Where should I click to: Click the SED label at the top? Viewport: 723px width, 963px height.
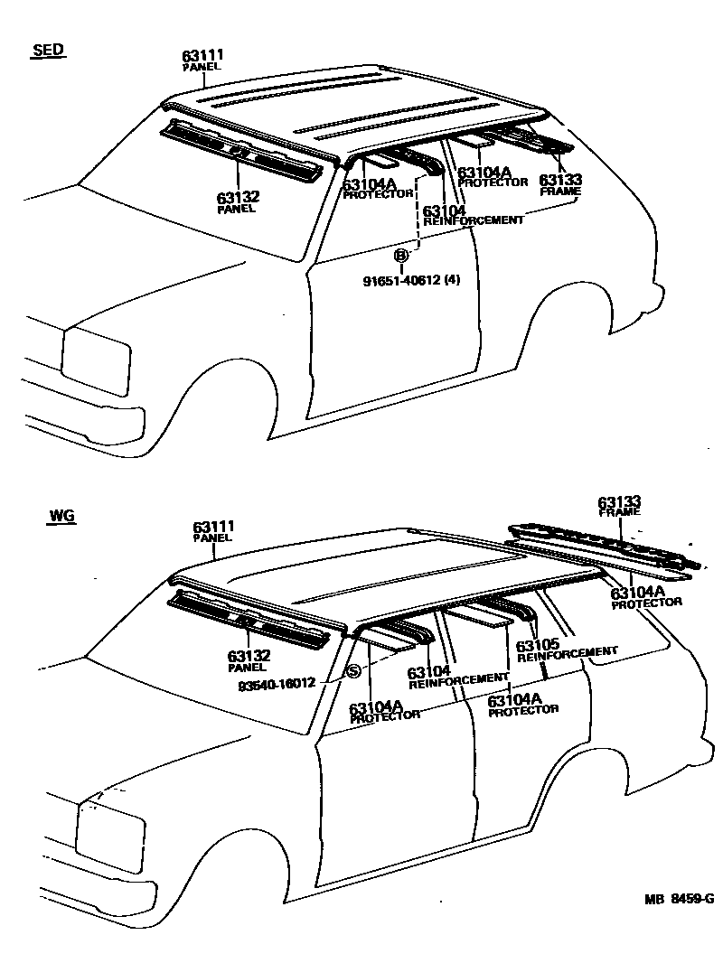coord(48,51)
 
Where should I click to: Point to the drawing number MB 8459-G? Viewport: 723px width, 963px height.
coord(678,899)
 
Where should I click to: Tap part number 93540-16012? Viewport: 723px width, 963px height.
coord(277,684)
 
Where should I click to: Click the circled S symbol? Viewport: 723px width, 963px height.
coord(353,670)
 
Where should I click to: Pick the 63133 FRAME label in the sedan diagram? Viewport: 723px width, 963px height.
coord(559,185)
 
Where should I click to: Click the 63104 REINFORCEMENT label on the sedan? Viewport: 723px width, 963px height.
coord(473,215)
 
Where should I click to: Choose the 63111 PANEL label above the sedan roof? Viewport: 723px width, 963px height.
coord(202,61)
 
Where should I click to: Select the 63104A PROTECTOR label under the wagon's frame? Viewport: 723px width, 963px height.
coord(645,597)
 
